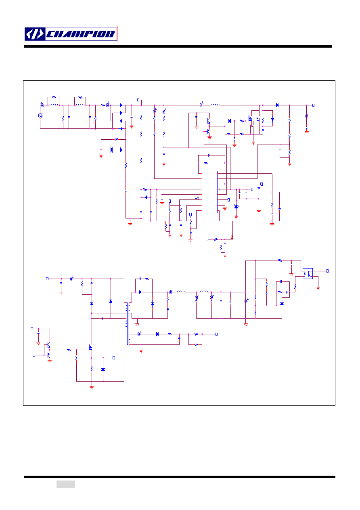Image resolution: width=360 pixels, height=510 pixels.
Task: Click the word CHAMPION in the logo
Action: click(x=81, y=34)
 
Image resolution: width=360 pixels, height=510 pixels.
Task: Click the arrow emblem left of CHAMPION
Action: click(x=35, y=34)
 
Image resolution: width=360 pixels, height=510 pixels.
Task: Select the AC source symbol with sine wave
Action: click(x=40, y=116)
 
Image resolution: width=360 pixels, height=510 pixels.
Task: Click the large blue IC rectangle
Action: click(x=209, y=192)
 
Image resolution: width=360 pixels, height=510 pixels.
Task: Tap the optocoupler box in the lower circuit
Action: click(x=308, y=273)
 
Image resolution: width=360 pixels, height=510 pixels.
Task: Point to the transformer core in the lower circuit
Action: click(x=128, y=323)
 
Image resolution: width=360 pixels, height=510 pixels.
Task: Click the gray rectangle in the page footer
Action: click(x=66, y=484)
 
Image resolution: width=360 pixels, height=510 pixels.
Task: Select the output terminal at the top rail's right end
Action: click(x=313, y=105)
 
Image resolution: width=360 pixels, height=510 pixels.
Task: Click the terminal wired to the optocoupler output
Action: click(x=327, y=271)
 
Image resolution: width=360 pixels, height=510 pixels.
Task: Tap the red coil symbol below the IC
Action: click(x=232, y=237)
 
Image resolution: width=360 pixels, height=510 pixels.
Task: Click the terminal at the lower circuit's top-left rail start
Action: click(x=47, y=279)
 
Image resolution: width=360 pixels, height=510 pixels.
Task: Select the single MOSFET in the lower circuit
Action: click(x=90, y=347)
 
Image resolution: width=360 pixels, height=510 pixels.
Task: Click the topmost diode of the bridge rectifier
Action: click(x=121, y=105)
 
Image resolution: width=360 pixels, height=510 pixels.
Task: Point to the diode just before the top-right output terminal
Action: click(x=277, y=105)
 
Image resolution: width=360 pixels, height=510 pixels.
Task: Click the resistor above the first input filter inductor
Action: click(x=54, y=97)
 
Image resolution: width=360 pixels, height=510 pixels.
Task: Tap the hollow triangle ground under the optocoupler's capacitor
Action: click(x=291, y=275)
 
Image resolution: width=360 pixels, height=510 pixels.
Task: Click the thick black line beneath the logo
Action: click(x=178, y=46)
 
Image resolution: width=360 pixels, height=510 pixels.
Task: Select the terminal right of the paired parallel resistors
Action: click(x=216, y=334)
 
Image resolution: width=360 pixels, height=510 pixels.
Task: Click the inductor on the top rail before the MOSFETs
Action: click(x=216, y=105)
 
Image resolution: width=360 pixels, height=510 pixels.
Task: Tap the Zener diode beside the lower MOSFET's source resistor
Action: click(x=103, y=369)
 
